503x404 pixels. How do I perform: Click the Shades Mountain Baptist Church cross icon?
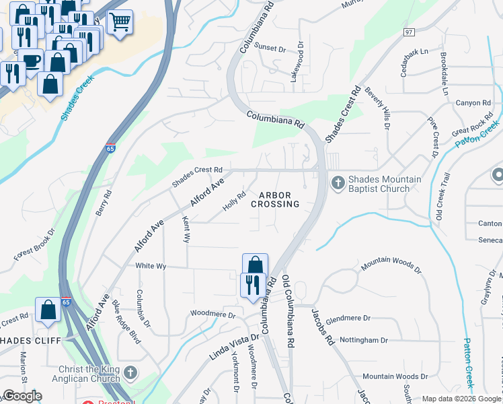[338, 182]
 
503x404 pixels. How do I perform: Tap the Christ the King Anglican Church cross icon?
[131, 372]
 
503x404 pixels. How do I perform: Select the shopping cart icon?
[120, 22]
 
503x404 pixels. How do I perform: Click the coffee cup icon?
[31, 61]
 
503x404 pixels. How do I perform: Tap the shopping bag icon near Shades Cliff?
[48, 310]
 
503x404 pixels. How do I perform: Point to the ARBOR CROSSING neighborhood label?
[276, 199]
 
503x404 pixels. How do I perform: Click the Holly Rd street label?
[234, 199]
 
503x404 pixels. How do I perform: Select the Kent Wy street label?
[186, 230]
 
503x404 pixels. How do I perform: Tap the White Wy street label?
[151, 266]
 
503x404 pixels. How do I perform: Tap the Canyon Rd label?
[473, 103]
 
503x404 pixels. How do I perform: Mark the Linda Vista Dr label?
[235, 345]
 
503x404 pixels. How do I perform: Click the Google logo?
[22, 396]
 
